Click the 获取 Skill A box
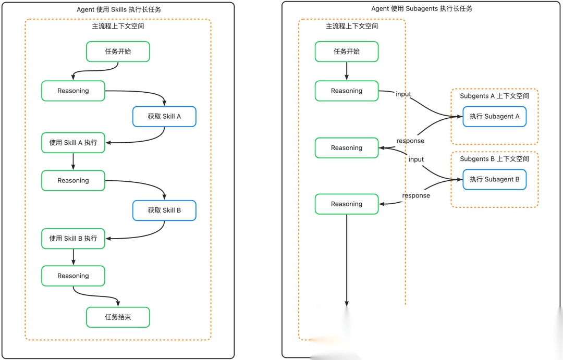tap(164, 117)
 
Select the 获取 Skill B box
tap(164, 210)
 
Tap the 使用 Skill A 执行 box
tap(74, 143)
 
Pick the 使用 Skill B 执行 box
tap(74, 239)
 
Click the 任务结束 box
tap(118, 317)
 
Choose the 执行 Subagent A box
tap(494, 117)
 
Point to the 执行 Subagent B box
tap(494, 179)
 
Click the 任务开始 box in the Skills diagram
tap(118, 52)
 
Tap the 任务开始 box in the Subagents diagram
tap(347, 52)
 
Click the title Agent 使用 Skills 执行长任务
tap(119, 10)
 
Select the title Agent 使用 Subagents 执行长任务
tap(422, 9)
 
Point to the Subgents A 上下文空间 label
tap(494, 96)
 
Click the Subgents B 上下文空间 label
tap(494, 159)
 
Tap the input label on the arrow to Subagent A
tap(403, 94)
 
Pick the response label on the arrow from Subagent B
tap(416, 195)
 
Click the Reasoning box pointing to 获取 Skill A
tap(74, 91)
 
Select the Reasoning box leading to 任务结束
tap(74, 276)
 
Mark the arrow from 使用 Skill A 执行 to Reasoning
tap(74, 162)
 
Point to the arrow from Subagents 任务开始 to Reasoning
tap(347, 71)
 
